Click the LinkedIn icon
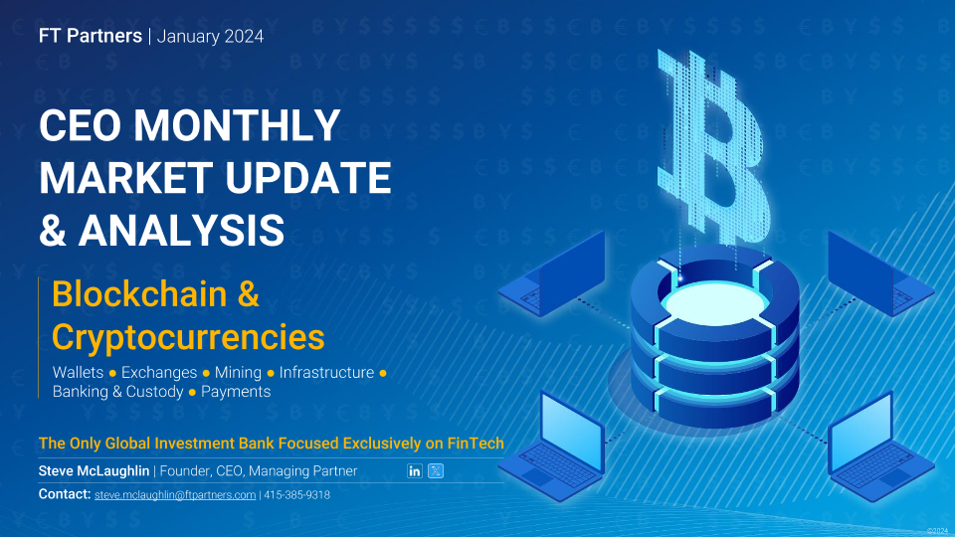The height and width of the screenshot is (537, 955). coord(414,470)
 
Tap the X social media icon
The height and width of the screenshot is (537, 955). coord(436,470)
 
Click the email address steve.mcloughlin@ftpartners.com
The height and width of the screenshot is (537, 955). coord(175,495)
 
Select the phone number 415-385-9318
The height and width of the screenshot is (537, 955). coord(296,495)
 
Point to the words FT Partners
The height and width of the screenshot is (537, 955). coord(91,36)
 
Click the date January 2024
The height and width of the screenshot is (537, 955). coord(210,37)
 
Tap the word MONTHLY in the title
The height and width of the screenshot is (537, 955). coord(237,125)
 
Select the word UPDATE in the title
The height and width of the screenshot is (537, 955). coord(308,178)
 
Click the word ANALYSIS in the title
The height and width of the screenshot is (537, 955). coord(181,230)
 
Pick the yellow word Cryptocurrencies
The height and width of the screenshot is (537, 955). coord(188,337)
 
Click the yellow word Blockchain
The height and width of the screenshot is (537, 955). coord(139,294)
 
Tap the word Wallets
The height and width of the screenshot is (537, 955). coord(78,372)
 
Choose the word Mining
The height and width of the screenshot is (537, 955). coord(238,372)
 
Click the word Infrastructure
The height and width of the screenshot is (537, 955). coord(326,372)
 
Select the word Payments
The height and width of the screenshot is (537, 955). coord(236,392)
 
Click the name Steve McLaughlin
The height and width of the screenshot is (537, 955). coord(94,470)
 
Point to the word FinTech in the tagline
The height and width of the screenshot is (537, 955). coord(476,444)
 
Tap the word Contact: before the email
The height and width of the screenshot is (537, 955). coord(65,494)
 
